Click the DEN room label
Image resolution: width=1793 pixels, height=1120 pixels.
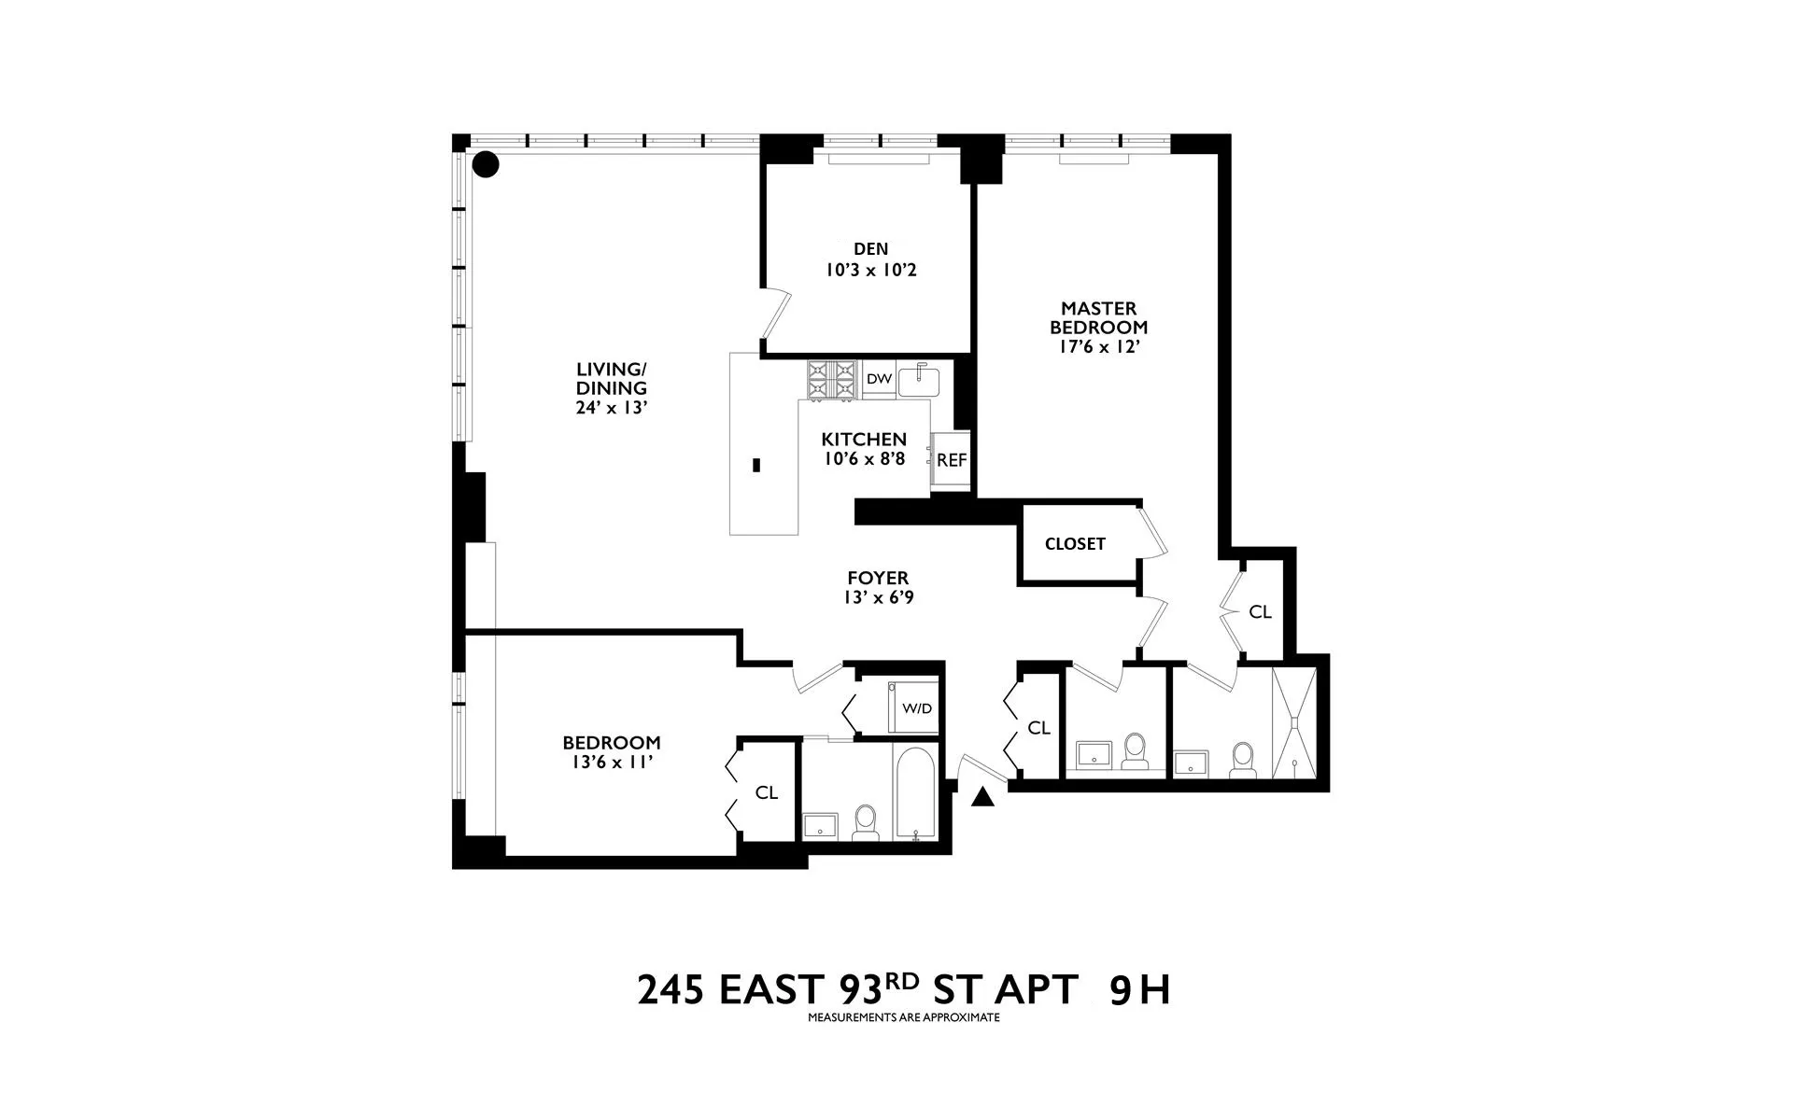pyautogui.click(x=870, y=249)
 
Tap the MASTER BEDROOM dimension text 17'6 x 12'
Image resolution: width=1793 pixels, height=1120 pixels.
pyautogui.click(x=1098, y=347)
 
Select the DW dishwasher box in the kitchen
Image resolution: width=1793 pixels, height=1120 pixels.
pyautogui.click(x=879, y=379)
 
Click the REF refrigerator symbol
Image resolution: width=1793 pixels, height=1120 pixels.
pyautogui.click(x=952, y=459)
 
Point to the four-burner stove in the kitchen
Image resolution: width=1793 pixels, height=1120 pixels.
pyautogui.click(x=831, y=381)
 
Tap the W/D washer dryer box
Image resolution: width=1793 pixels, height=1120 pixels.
pyautogui.click(x=916, y=708)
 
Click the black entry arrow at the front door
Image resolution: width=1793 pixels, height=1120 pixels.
pyautogui.click(x=982, y=796)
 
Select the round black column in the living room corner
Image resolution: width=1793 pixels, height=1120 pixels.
pyautogui.click(x=486, y=165)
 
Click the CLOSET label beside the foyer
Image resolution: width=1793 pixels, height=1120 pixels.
pyautogui.click(x=1075, y=544)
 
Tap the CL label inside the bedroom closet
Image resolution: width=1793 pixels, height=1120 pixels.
pyautogui.click(x=766, y=792)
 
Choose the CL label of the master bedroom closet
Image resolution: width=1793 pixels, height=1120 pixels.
pyautogui.click(x=1260, y=612)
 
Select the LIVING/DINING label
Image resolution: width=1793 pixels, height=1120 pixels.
pyautogui.click(x=611, y=378)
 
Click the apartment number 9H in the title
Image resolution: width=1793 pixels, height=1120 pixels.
pyautogui.click(x=1138, y=990)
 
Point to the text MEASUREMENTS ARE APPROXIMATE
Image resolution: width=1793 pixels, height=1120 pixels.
pyautogui.click(x=903, y=1017)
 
